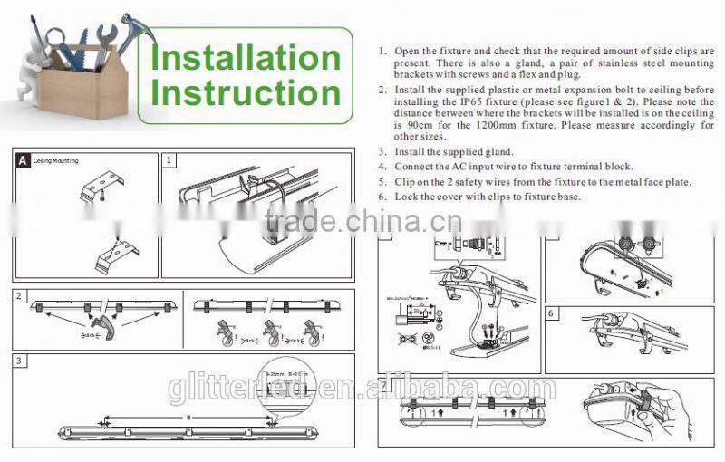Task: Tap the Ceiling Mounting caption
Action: pyautogui.click(x=56, y=161)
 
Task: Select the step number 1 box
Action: pyautogui.click(x=169, y=159)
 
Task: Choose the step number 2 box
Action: pyautogui.click(x=19, y=296)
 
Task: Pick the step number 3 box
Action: pyautogui.click(x=19, y=361)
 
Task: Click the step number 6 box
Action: pyautogui.click(x=551, y=313)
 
